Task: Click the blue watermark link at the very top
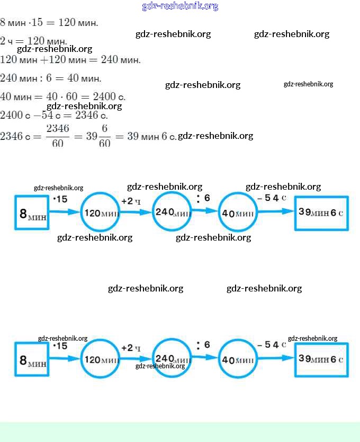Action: click(x=180, y=6)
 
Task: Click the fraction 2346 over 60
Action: click(x=58, y=136)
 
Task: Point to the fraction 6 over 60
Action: click(x=104, y=136)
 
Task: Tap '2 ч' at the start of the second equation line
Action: click(x=7, y=41)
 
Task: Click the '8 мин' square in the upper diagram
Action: click(x=32, y=213)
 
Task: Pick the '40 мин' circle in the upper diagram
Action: click(x=238, y=213)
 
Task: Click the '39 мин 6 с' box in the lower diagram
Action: click(x=321, y=359)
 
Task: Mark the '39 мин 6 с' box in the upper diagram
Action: click(x=321, y=213)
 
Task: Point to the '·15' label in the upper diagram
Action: click(x=60, y=199)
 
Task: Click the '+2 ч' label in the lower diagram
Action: click(x=130, y=348)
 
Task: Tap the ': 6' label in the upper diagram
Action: click(x=203, y=198)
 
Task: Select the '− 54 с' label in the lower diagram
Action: click(x=272, y=345)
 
